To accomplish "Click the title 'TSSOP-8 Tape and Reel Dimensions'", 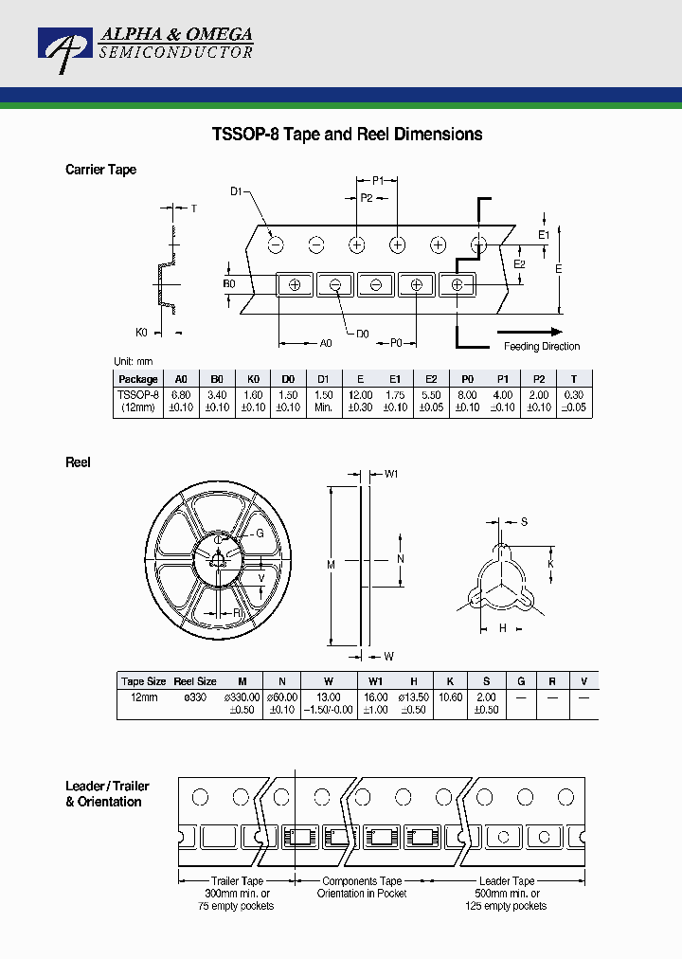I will click(347, 135).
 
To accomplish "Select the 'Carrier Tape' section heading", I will click(100, 170).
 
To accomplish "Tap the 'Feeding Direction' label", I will click(541, 346).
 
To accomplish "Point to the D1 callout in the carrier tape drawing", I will click(237, 191).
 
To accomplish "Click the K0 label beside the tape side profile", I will click(142, 332).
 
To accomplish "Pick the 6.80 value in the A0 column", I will click(181, 394).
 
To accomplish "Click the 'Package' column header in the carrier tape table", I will click(138, 379).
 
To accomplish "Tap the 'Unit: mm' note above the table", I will click(133, 362).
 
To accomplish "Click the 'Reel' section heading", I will click(78, 462).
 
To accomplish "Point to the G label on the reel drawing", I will click(259, 534).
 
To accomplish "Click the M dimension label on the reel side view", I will click(331, 565).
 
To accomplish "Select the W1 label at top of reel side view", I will click(389, 474).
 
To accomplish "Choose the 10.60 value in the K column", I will click(450, 697).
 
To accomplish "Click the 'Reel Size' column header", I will click(195, 681).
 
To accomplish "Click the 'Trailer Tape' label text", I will click(237, 881).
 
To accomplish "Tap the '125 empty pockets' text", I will click(508, 906).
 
